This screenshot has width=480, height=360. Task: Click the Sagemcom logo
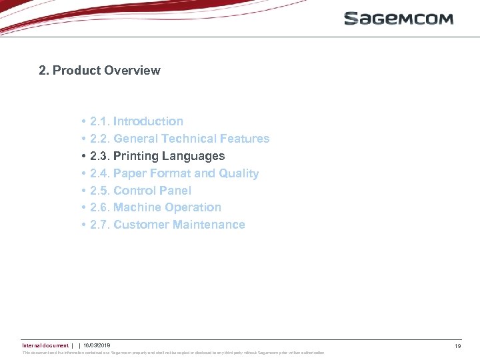tap(398, 19)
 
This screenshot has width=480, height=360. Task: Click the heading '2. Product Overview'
tap(99, 71)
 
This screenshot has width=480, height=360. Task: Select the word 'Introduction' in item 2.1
tap(148, 121)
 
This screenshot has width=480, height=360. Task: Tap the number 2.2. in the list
tap(100, 139)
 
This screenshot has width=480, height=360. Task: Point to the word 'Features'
tap(244, 139)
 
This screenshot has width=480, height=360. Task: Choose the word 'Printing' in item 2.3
tap(136, 156)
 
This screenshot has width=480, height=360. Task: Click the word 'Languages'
tap(193, 156)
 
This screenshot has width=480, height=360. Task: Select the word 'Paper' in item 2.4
tap(130, 173)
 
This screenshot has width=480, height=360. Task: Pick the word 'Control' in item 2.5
tap(135, 191)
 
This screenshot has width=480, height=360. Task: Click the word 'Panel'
tap(176, 191)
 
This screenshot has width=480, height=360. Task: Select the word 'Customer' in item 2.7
tap(141, 225)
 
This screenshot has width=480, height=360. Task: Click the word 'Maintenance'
tap(209, 225)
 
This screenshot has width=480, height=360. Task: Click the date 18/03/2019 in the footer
tap(97, 345)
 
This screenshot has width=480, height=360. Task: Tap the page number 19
tap(458, 346)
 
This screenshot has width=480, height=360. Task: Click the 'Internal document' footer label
tap(45, 345)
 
